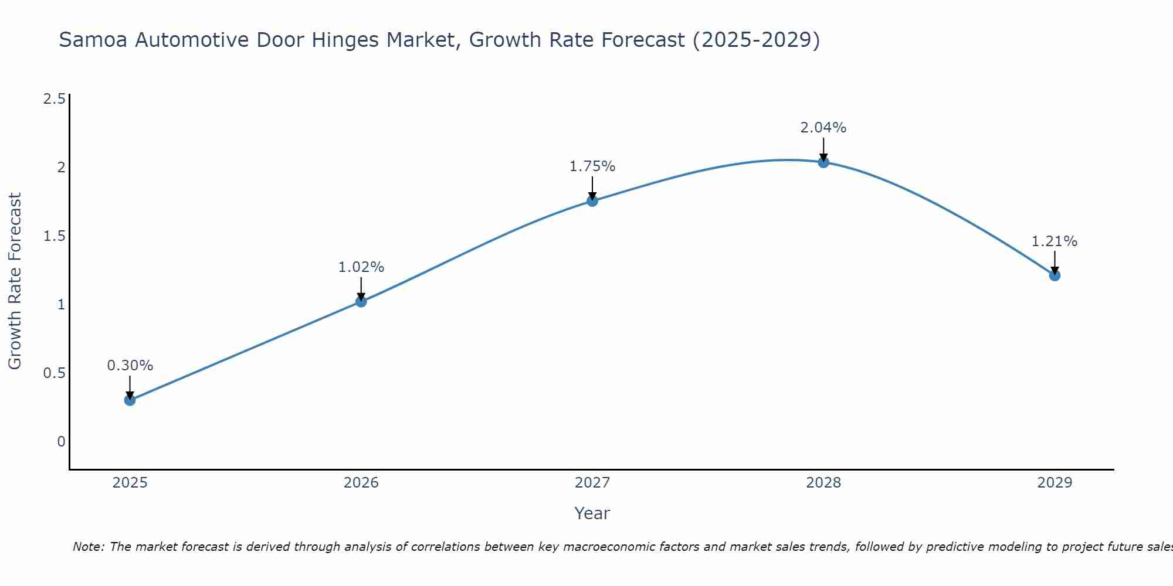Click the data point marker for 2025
130,400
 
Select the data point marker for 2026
361,301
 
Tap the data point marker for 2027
592,201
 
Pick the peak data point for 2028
823,162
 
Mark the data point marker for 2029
1055,275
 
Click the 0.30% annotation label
130,366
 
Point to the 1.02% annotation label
361,267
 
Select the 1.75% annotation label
592,166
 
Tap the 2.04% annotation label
823,128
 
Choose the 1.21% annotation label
1055,241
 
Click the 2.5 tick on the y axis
54,99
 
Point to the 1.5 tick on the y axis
54,236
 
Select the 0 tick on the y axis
61,442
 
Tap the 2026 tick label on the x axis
361,483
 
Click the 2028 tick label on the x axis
823,483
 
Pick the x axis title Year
592,513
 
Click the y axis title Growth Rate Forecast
15,281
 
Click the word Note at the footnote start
88,547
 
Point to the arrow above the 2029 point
1055,263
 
